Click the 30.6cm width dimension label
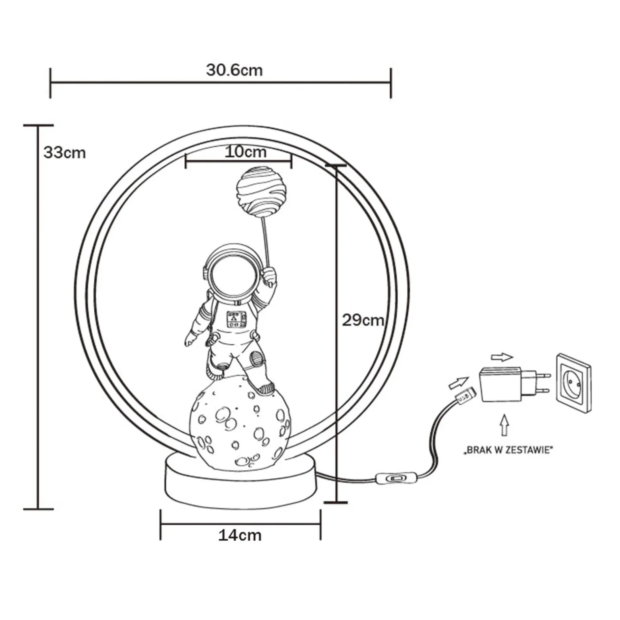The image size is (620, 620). click(234, 70)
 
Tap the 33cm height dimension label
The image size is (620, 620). click(65, 153)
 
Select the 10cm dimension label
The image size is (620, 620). click(245, 152)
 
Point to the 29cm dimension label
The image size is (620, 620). click(363, 320)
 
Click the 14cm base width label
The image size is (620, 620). click(240, 535)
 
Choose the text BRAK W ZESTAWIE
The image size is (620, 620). click(508, 450)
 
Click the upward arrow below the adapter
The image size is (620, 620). click(504, 425)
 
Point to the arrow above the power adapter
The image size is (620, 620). click(502, 357)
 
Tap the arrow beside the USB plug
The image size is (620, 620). click(459, 382)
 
